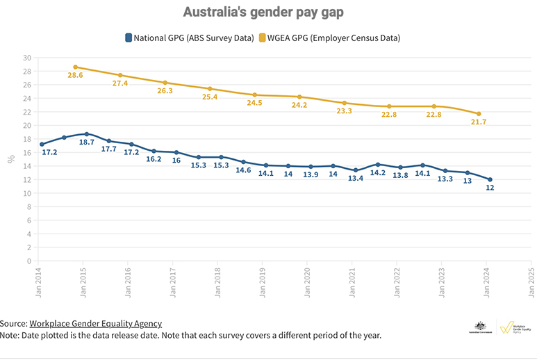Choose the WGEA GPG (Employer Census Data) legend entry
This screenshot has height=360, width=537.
pos(330,38)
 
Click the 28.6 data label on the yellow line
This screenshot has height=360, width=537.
pos(75,75)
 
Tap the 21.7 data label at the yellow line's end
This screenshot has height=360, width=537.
pos(479,122)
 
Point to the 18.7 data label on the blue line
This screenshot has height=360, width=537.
pos(86,142)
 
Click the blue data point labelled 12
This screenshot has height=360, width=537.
pos(490,179)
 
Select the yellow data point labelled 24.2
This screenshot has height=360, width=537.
pos(299,97)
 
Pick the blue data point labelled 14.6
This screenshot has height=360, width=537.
pos(243,162)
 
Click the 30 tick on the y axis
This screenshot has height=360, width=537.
pos(27,58)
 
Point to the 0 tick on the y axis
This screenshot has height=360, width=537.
pos(29,261)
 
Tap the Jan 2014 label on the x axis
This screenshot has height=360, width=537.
pos(39,281)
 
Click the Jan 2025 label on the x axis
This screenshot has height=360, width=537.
pos(531,281)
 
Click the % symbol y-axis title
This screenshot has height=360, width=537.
pos(11,159)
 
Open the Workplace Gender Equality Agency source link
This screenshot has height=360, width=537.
pos(95,323)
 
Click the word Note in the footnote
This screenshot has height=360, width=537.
pos(11,335)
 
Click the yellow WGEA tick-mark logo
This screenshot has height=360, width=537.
pos(508,327)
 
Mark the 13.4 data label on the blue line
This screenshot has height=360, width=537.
pos(356,179)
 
